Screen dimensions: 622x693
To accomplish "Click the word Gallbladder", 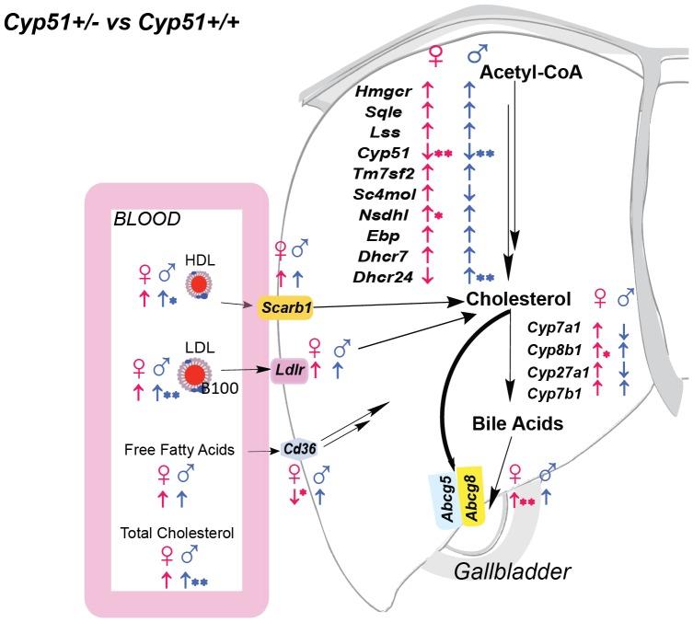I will click(x=512, y=571).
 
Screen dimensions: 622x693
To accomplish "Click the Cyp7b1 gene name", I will click(x=552, y=392).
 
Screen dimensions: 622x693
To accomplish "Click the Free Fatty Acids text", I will click(x=177, y=450).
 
